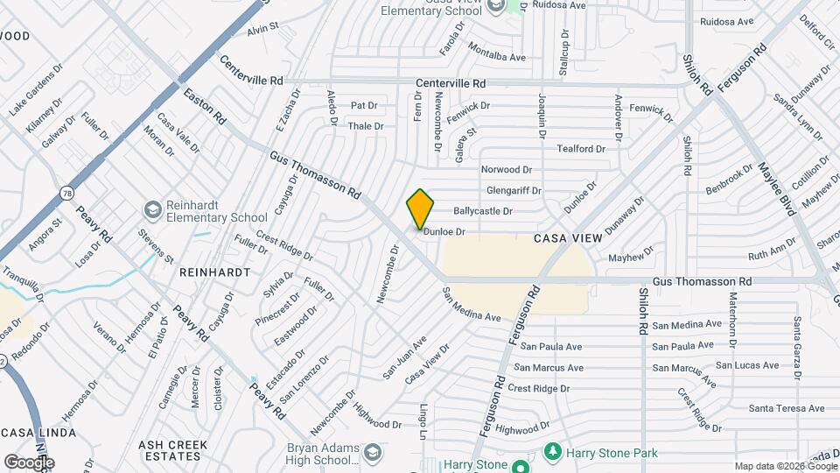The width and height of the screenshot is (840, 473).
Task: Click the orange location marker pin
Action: tap(421, 209)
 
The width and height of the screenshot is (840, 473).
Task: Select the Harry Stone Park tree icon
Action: tap(552, 452)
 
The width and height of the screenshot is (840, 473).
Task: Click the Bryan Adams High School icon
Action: tap(374, 452)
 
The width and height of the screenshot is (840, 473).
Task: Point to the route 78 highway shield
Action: tap(67, 191)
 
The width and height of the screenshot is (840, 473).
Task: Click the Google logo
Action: tap(29, 462)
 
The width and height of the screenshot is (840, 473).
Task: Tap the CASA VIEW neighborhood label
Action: tap(569, 238)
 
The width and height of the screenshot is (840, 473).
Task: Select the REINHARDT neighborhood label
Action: tap(214, 272)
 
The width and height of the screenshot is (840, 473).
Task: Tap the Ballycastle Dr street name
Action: tap(482, 211)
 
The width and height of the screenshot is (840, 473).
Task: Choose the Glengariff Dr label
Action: tap(514, 190)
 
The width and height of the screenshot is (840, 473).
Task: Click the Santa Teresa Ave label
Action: tap(787, 408)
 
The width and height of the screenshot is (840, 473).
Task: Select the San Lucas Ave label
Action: tap(747, 365)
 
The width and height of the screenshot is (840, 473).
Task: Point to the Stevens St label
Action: tap(157, 247)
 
